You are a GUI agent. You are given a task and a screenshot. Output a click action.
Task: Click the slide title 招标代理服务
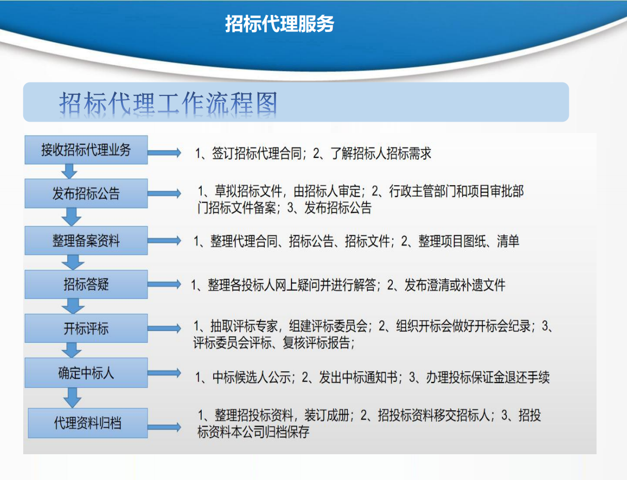[x=279, y=24]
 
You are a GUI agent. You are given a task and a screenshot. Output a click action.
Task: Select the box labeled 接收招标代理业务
[x=86, y=150]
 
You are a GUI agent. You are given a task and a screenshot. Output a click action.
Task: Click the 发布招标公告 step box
[x=86, y=193]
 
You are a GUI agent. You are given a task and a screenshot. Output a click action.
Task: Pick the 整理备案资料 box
[x=86, y=240]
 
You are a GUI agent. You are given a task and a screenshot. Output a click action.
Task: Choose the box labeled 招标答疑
[x=86, y=284]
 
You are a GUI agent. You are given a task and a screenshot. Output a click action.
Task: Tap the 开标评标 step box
[x=86, y=328]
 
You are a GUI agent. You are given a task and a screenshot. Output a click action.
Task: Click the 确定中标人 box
[x=86, y=373]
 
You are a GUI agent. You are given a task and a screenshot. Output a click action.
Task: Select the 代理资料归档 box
[x=88, y=423]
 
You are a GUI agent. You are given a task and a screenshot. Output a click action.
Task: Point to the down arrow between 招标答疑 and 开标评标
[x=73, y=306]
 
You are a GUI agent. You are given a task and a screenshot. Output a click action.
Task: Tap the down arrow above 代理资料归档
[x=73, y=398]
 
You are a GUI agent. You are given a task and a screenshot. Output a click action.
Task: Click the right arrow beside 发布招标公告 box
[x=164, y=194]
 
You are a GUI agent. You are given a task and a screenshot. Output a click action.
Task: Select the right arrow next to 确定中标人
[x=164, y=373]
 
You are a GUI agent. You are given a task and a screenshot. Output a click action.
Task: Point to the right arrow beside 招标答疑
[x=164, y=284]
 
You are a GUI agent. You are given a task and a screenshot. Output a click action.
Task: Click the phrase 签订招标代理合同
[x=257, y=153]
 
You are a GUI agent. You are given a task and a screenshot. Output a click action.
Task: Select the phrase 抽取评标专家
[x=245, y=326]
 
